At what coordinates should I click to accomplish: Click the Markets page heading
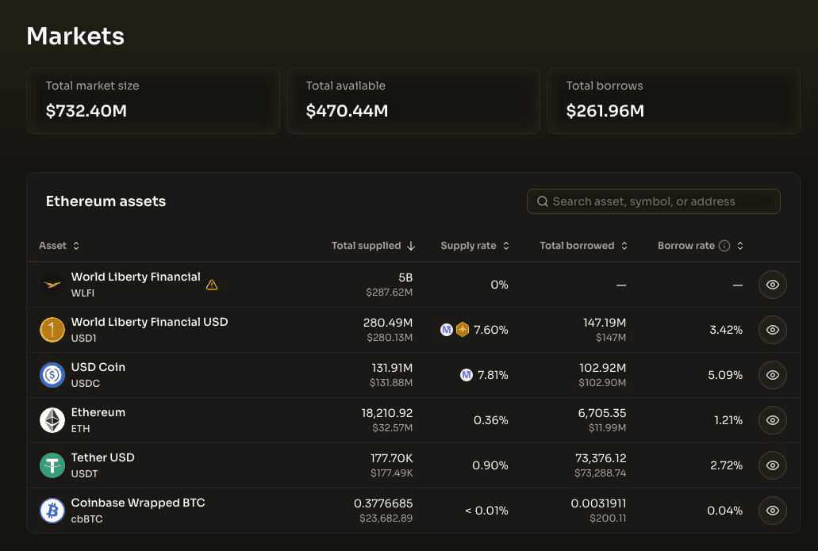75,36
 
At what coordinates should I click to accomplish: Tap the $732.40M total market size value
86,110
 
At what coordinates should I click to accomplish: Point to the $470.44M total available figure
347,110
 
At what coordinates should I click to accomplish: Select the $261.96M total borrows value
605,110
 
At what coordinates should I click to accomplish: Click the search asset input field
653,201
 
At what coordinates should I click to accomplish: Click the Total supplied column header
367,246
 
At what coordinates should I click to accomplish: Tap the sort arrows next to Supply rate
506,246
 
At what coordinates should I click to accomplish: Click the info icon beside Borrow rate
724,246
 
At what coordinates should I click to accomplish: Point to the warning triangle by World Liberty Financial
212,285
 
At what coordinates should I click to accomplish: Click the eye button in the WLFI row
773,285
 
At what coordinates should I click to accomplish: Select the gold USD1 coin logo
52,330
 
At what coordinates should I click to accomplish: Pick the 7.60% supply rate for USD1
491,330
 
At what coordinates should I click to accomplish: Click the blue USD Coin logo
52,375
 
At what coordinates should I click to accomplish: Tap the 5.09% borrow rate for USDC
725,375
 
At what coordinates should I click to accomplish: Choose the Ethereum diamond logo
52,420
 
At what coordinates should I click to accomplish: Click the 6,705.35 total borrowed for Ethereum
602,413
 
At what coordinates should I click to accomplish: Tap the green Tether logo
52,465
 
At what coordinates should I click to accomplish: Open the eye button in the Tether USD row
773,465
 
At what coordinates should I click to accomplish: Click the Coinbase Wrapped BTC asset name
138,503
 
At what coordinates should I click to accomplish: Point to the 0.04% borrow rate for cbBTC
724,511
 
